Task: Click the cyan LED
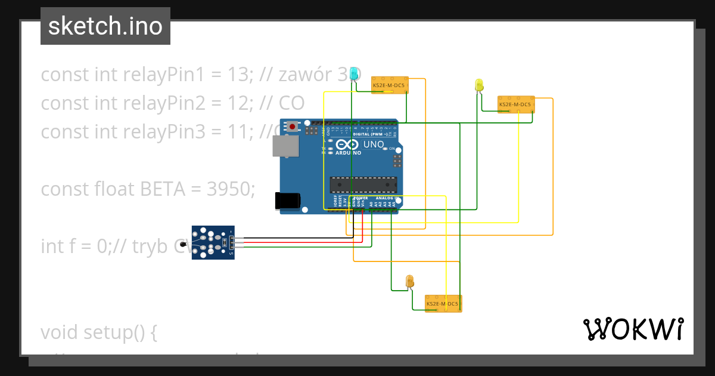pos(354,73)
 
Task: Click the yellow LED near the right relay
pos(479,85)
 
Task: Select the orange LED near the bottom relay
pos(409,281)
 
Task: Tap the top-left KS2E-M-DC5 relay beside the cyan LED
pos(390,85)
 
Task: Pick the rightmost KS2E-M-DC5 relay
pos(516,104)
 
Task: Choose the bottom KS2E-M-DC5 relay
pos(443,303)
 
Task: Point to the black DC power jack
pos(287,201)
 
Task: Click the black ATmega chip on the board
pos(363,186)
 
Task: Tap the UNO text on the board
pos(374,144)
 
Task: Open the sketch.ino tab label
pos(105,26)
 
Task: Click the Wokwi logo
pos(633,329)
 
